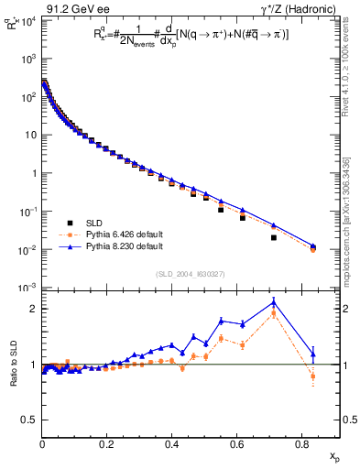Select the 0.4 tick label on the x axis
click(172, 444)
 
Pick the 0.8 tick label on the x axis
click(301, 444)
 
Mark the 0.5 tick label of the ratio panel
click(30, 420)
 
